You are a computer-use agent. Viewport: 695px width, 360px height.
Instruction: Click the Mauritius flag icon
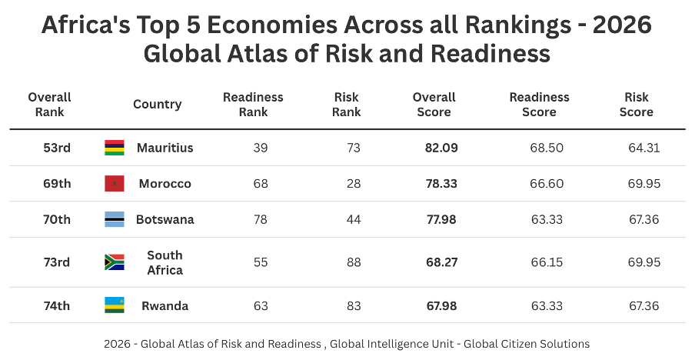pos(115,148)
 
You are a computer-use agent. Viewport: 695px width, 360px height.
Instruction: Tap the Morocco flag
pos(115,184)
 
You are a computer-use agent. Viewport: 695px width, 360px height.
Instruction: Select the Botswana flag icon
pos(115,219)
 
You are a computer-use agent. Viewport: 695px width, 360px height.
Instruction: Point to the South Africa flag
pos(115,262)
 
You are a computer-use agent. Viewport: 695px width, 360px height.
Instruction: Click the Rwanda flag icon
pos(115,305)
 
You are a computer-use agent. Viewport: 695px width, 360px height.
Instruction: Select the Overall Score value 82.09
pos(441,148)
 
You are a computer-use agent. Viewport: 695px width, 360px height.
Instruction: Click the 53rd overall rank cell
pos(57,148)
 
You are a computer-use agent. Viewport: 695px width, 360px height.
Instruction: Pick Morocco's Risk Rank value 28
pos(353,184)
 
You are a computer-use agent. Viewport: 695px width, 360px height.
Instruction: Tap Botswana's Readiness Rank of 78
pos(261,219)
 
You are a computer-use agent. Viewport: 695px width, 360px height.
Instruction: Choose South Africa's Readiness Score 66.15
pos(547,262)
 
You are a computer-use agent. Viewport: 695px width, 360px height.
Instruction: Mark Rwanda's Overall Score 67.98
pos(441,305)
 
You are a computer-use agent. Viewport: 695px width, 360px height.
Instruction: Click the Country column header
pos(157,105)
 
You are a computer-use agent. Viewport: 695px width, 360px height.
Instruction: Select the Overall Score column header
pos(434,105)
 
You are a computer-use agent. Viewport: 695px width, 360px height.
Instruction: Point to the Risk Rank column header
pos(347,105)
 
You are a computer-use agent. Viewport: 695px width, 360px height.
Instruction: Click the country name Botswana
pos(165,219)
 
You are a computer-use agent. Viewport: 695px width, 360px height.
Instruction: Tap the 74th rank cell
pos(57,305)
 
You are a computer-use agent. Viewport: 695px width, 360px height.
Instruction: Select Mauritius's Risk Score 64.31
pos(644,148)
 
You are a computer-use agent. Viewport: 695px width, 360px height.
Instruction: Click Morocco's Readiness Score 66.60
pos(547,184)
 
